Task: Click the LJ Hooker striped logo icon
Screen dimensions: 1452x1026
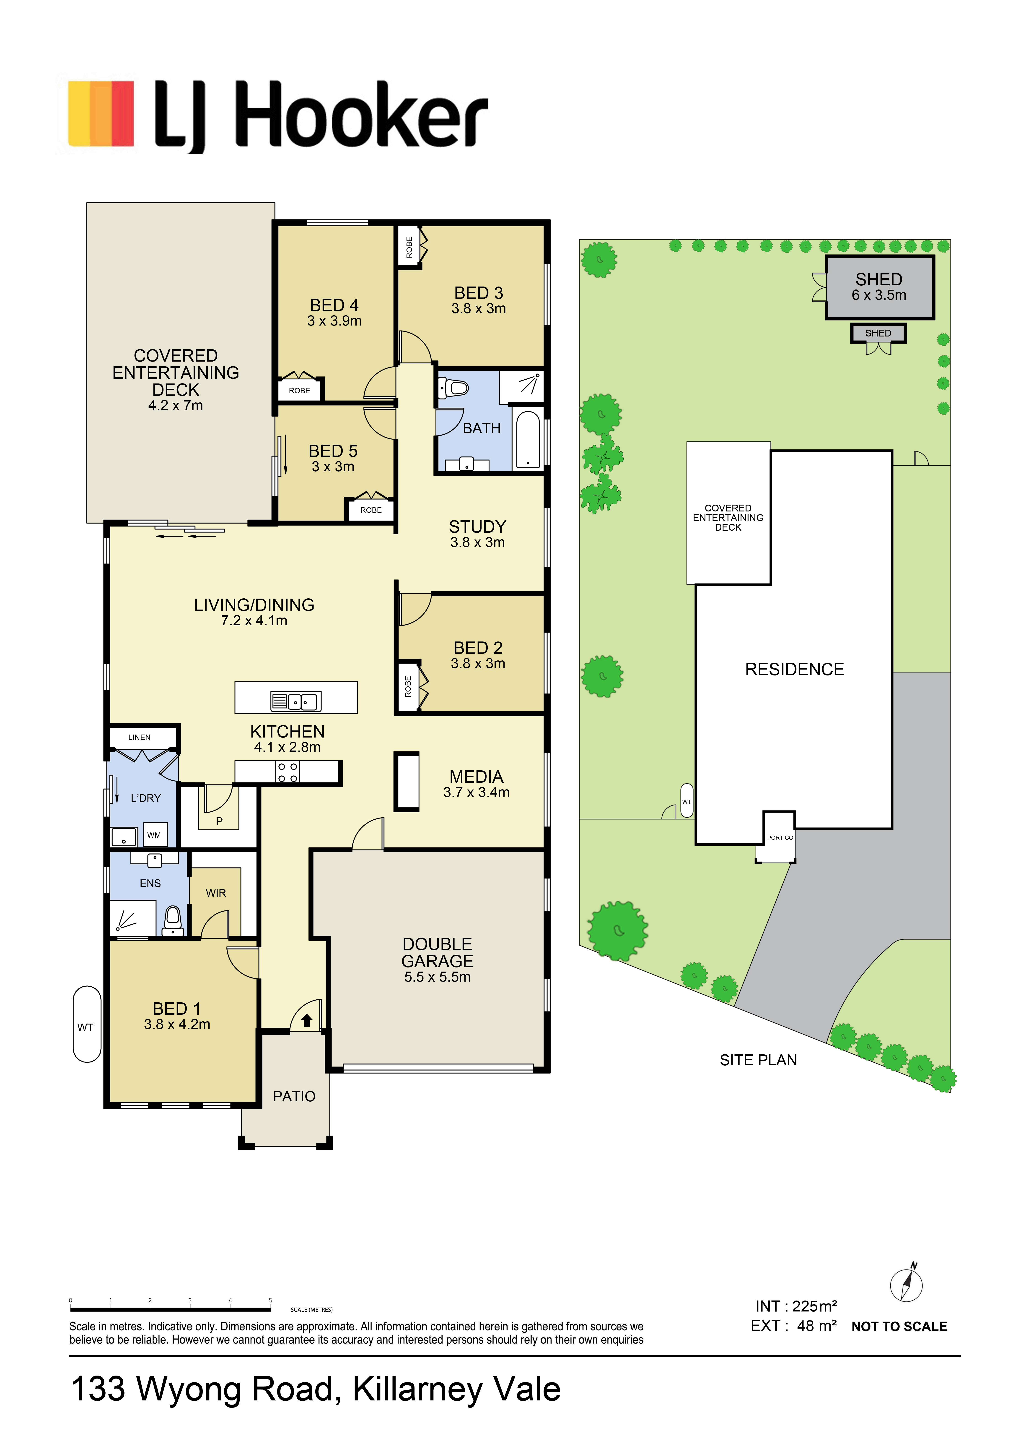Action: [101, 114]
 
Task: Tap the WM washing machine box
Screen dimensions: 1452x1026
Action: [154, 835]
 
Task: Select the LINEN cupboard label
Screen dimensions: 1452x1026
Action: [140, 737]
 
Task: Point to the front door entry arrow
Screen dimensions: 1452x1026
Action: [307, 1020]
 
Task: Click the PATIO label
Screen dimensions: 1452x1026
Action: [294, 1097]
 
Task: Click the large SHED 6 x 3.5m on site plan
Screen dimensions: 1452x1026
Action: [879, 288]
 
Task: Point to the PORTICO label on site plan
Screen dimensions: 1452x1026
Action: [780, 837]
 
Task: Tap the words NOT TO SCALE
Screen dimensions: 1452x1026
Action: [899, 1327]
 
